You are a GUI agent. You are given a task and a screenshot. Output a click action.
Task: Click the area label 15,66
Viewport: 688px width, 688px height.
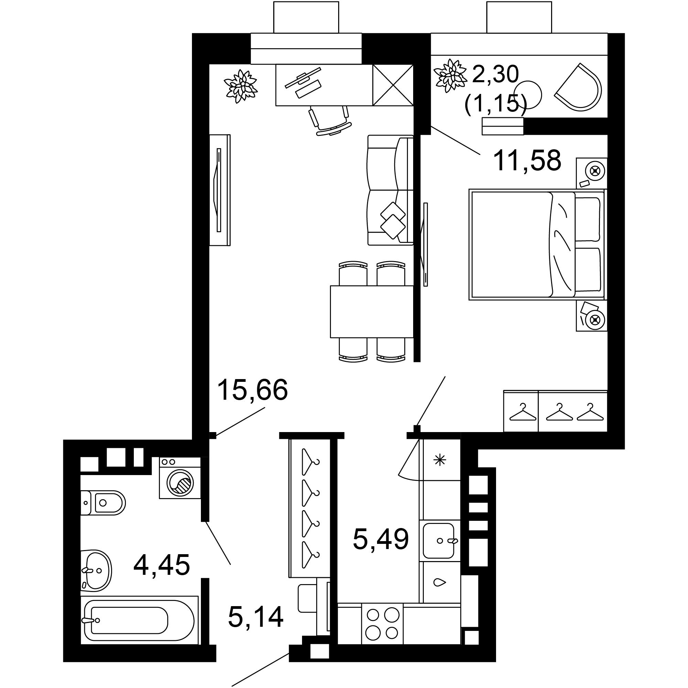tap(252, 390)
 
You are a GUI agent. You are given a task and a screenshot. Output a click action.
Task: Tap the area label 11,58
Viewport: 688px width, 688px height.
tap(527, 161)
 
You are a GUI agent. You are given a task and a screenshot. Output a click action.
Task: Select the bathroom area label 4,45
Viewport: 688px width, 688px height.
tap(161, 565)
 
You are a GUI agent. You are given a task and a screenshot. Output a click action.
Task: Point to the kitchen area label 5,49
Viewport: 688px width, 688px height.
tap(380, 539)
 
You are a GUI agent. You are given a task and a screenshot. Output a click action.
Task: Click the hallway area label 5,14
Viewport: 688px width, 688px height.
tap(256, 617)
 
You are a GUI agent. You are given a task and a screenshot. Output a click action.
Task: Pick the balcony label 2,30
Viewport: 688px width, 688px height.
tap(495, 75)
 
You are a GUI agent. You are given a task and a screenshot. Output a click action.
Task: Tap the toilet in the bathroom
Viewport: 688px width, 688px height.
tap(103, 503)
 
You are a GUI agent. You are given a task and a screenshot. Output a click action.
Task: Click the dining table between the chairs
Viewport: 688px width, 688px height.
tap(372, 311)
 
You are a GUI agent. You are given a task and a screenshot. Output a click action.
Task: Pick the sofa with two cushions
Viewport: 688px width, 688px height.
tap(390, 191)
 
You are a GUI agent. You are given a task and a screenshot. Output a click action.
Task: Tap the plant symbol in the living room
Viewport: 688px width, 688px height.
tap(240, 86)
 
